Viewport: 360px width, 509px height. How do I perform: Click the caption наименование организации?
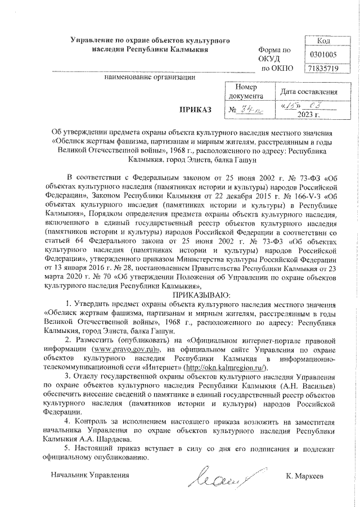150,76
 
